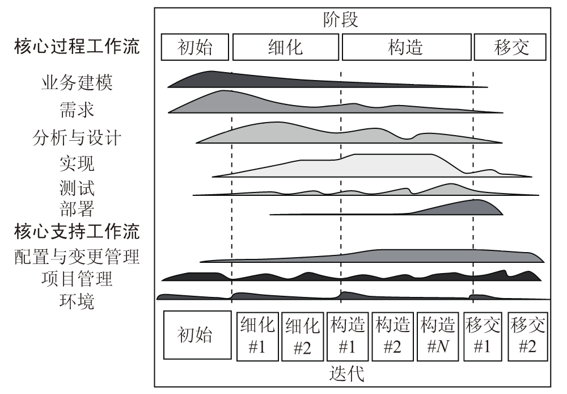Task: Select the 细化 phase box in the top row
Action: (x=286, y=47)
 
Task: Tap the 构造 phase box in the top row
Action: (x=406, y=47)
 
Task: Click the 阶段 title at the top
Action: (x=340, y=20)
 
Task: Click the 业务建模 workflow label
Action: (x=77, y=83)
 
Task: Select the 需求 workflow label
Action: (x=77, y=109)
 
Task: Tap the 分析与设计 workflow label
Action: (x=77, y=137)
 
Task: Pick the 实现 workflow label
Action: (x=77, y=164)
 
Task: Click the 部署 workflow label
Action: (x=77, y=209)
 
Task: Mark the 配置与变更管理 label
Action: (x=77, y=257)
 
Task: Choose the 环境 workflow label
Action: (x=77, y=301)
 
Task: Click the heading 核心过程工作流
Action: (x=77, y=47)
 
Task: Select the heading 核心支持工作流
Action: (x=77, y=232)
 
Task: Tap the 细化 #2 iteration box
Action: (x=303, y=336)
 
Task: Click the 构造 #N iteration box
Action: (x=438, y=336)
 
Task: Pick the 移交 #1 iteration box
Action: (x=483, y=336)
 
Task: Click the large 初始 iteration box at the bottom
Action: (x=197, y=336)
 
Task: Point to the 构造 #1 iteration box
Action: (x=347, y=336)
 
